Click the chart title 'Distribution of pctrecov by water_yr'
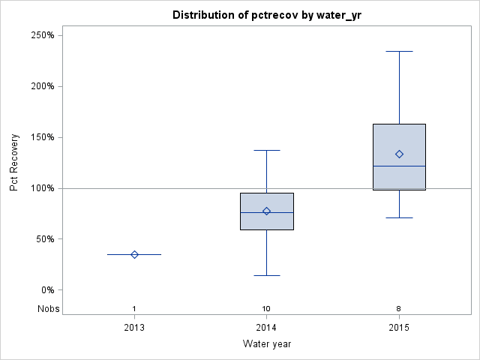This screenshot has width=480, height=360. point(266,15)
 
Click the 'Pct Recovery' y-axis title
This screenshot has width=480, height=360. point(14,163)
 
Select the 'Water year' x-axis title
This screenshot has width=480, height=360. point(266,344)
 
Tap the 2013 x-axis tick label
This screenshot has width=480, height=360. point(134,327)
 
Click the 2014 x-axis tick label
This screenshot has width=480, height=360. point(267,327)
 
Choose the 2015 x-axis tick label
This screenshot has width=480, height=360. point(399,327)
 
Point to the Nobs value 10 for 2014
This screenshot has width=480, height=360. point(267,309)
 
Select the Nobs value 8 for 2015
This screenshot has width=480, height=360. point(399,309)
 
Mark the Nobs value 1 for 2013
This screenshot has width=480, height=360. point(134,309)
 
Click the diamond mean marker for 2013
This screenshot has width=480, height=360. point(134,254)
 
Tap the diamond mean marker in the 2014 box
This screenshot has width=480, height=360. point(267,211)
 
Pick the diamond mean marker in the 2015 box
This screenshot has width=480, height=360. point(399,154)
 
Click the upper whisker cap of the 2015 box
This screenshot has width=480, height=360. point(399,51)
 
